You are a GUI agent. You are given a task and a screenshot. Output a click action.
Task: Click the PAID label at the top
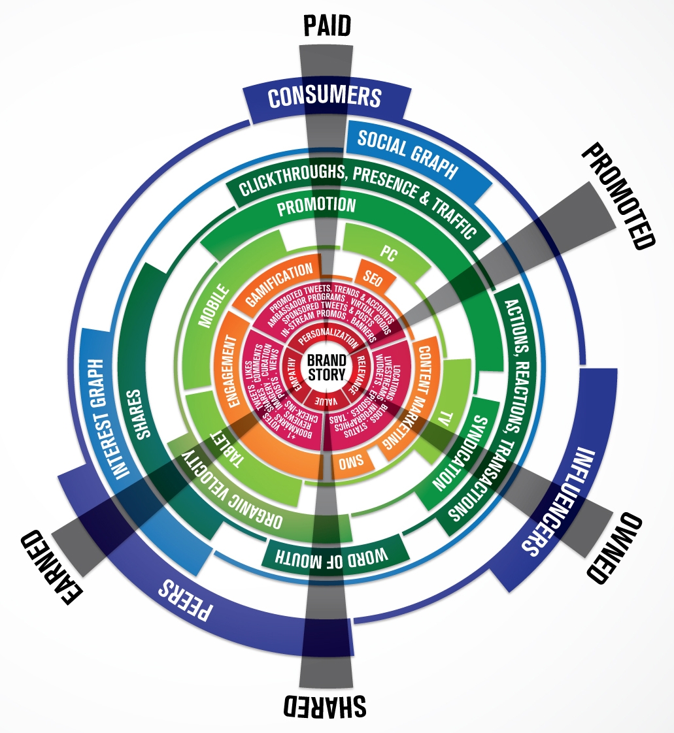coord(327,25)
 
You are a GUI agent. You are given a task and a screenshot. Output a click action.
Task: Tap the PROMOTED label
coord(617,197)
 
